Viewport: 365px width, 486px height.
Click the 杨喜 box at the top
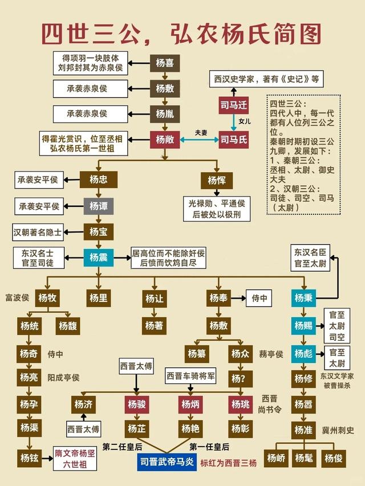click(x=165, y=63)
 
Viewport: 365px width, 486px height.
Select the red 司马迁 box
click(x=233, y=105)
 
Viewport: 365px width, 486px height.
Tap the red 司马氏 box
click(x=233, y=139)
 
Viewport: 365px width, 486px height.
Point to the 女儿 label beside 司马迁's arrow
click(x=245, y=121)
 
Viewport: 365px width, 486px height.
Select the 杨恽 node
click(x=216, y=180)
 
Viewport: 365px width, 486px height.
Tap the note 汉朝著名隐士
click(x=38, y=232)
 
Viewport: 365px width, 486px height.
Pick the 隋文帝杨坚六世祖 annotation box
click(x=75, y=457)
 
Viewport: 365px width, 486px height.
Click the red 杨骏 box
click(x=137, y=404)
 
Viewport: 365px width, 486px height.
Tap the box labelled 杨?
click(x=240, y=378)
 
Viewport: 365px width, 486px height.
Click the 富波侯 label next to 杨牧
click(x=17, y=297)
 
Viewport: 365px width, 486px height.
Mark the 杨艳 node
click(x=190, y=428)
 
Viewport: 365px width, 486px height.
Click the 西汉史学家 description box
click(x=265, y=78)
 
